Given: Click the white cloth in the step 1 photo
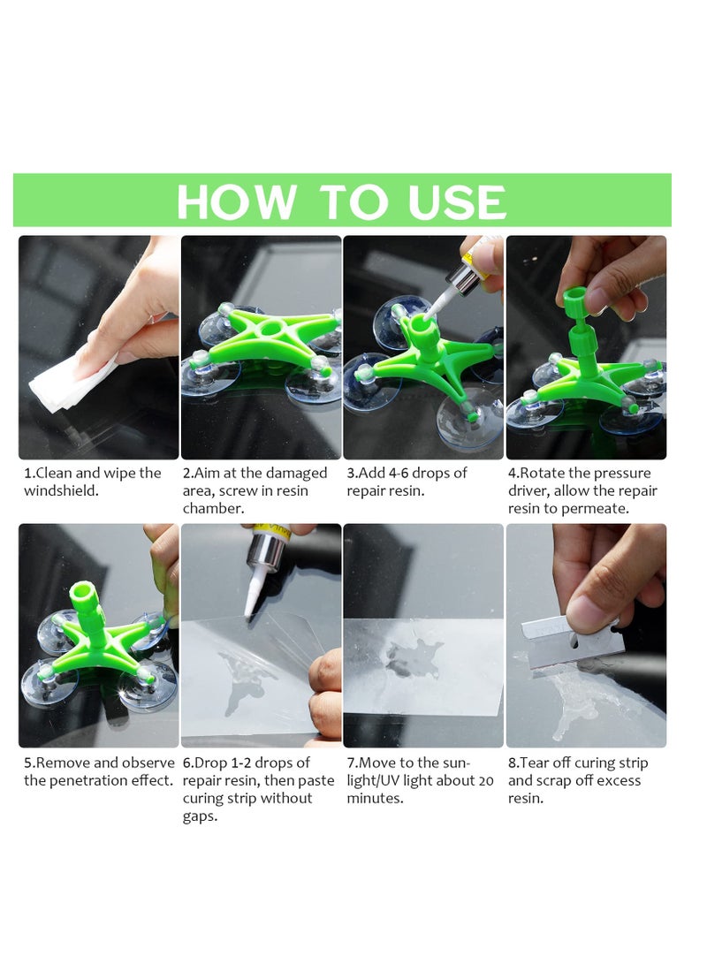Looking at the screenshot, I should click(x=71, y=380).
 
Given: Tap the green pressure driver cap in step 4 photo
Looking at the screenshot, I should click(x=575, y=296).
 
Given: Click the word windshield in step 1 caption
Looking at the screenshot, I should click(x=61, y=491).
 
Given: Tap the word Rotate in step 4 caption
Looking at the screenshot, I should click(x=547, y=474).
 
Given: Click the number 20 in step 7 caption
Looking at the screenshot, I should click(x=485, y=781).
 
